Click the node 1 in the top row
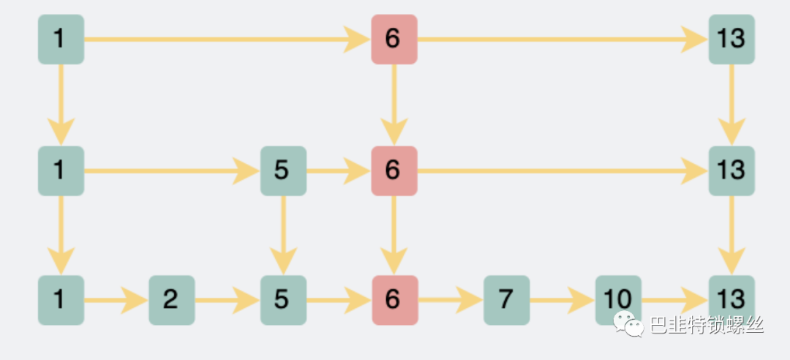pyautogui.click(x=61, y=40)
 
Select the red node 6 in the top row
pyautogui.click(x=394, y=40)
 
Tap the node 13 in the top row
pyautogui.click(x=731, y=40)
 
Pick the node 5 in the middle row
pyautogui.click(x=283, y=171)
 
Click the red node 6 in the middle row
pyautogui.click(x=394, y=171)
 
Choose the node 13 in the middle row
pyautogui.click(x=731, y=171)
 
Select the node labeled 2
pyautogui.click(x=172, y=300)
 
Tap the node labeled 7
pyautogui.click(x=506, y=300)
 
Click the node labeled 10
pyautogui.click(x=618, y=300)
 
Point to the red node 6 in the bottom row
pyautogui.click(x=395, y=300)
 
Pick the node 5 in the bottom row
pyautogui.click(x=283, y=300)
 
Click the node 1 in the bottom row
pyautogui.click(x=61, y=300)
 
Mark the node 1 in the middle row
pyautogui.click(x=61, y=171)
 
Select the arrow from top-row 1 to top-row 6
pyautogui.click(x=227, y=40)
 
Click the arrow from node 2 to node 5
pyautogui.click(x=227, y=300)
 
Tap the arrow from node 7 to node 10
pyautogui.click(x=563, y=300)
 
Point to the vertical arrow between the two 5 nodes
pyautogui.click(x=283, y=236)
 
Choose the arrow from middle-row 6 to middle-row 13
pyautogui.click(x=563, y=171)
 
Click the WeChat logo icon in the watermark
pyautogui.click(x=628, y=324)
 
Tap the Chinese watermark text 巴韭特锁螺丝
pyautogui.click(x=707, y=325)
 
